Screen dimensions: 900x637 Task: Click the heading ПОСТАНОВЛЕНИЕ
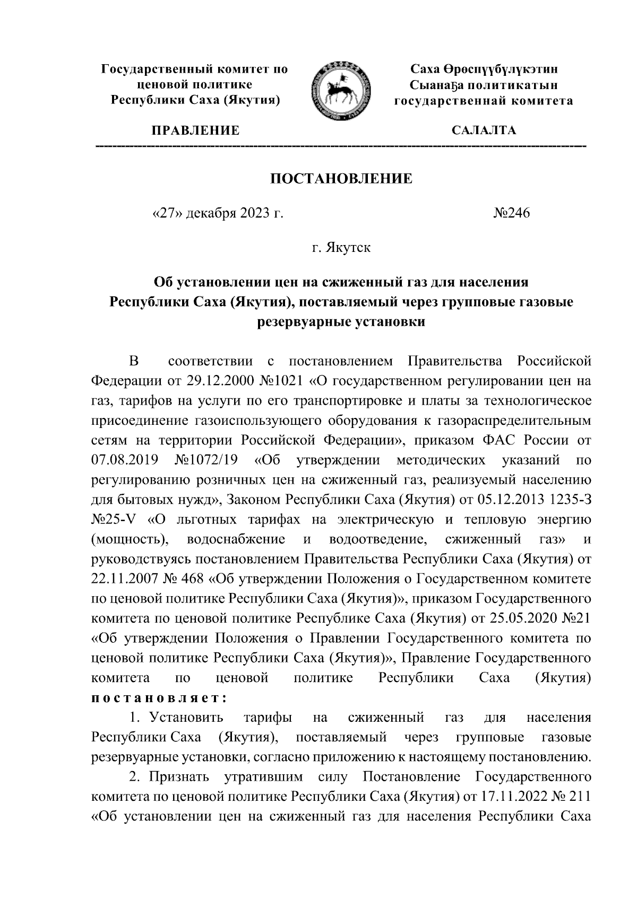tap(341, 179)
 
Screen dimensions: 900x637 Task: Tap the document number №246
tap(512, 214)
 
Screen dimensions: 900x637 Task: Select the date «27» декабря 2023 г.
tap(218, 214)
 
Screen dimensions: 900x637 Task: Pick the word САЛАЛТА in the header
tap(483, 130)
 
